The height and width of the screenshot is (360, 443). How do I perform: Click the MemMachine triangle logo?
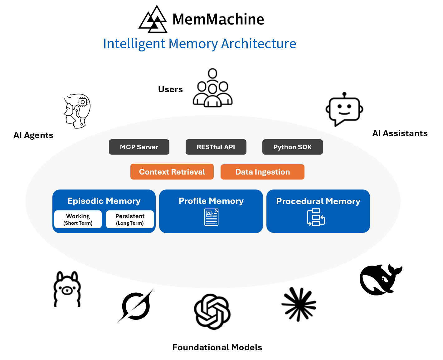[153, 20]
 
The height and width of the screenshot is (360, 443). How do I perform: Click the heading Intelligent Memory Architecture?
[200, 44]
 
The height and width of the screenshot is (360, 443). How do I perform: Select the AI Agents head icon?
[78, 111]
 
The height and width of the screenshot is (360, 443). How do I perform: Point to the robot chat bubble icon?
[344, 109]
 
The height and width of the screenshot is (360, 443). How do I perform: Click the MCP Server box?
[139, 147]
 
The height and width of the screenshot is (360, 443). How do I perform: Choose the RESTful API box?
[216, 147]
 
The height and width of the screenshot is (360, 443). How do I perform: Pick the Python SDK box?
[292, 147]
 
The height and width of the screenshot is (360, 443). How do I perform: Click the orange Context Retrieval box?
[172, 172]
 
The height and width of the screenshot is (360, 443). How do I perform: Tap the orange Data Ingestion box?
[262, 172]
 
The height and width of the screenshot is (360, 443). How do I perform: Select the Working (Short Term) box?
[78, 219]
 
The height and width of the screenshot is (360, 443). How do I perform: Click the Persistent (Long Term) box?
[130, 219]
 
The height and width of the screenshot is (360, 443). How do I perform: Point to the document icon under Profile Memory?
[211, 217]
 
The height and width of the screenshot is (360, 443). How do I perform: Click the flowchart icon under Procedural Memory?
[316, 217]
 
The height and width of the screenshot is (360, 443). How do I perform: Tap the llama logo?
[67, 290]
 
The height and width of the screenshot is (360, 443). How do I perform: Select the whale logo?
[380, 280]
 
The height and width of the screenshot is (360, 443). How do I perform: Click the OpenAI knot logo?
[212, 311]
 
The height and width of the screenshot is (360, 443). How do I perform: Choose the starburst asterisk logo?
[299, 305]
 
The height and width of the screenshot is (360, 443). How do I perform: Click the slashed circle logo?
[136, 306]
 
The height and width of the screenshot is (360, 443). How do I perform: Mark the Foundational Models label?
[217, 348]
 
